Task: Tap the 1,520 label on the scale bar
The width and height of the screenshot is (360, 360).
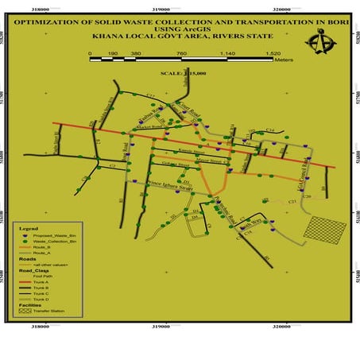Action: coord(273,54)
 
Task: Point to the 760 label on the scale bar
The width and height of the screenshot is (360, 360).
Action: coord(181,54)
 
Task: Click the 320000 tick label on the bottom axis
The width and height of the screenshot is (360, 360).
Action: coord(285,324)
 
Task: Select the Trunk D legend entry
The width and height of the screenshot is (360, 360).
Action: coord(51,299)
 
